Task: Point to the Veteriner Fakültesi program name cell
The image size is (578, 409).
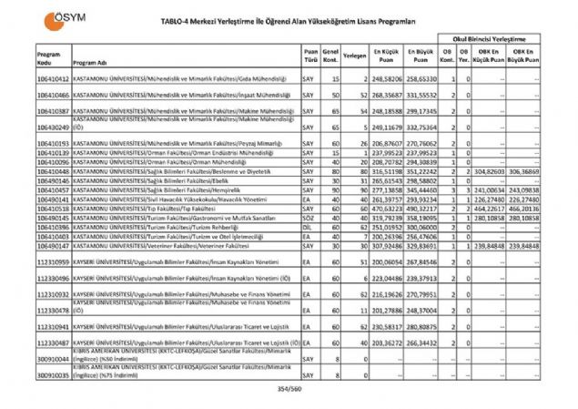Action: (x=164, y=246)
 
